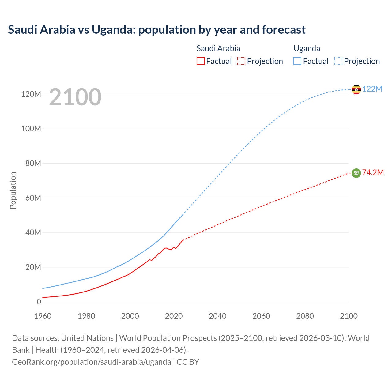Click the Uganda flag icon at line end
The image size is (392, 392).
(356, 89)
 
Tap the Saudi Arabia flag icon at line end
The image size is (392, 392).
(356, 173)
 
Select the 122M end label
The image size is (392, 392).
(372, 89)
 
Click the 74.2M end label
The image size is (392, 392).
(373, 172)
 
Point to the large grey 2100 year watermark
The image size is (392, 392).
(75, 97)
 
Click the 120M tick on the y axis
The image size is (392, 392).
(31, 94)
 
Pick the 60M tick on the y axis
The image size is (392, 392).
(33, 198)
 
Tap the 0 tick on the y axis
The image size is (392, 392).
(39, 302)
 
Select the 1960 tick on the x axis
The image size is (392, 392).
(43, 316)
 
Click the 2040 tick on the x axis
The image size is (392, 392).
(217, 316)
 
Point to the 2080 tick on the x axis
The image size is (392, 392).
(305, 316)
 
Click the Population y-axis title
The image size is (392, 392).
(13, 190)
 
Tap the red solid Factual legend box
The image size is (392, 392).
(200, 61)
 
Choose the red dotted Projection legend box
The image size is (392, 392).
(241, 61)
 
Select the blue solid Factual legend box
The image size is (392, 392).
(297, 61)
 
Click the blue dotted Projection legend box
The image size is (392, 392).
(338, 61)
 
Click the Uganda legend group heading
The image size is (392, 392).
(307, 48)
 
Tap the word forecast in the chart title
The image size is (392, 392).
(284, 30)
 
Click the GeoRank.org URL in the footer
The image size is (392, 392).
(91, 362)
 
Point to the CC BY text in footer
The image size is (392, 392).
(188, 362)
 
